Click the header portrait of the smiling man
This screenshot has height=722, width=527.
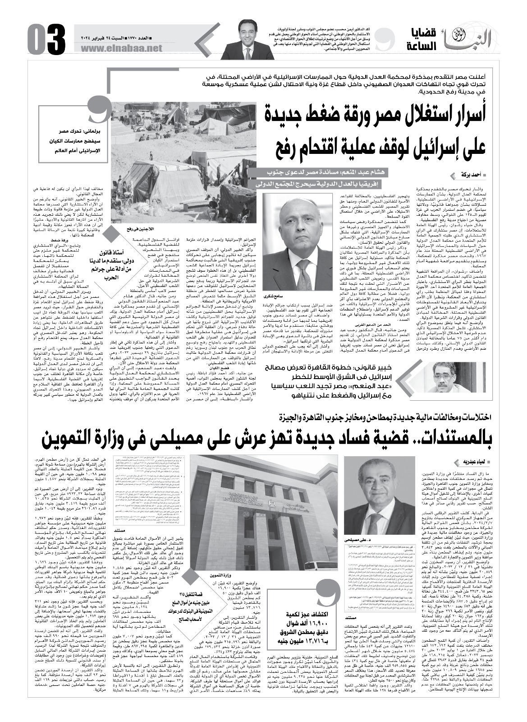coord(249,41)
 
